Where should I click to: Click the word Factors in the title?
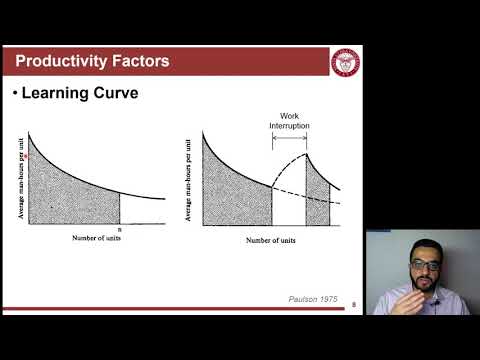click(x=141, y=62)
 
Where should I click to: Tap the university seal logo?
click(x=344, y=62)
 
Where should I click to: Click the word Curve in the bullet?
click(x=138, y=94)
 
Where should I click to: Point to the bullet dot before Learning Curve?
click(x=15, y=94)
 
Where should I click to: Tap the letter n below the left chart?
click(x=120, y=229)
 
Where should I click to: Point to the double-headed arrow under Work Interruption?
click(x=289, y=136)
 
